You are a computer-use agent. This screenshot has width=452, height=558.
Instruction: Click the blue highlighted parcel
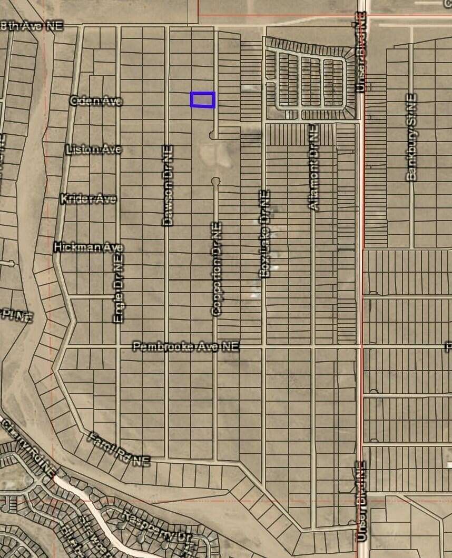tap(203, 99)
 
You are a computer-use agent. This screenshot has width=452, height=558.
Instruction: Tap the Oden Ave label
tap(96, 100)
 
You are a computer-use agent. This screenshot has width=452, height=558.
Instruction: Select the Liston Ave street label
tap(94, 150)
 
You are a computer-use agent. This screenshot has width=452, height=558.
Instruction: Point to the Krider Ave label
tap(88, 199)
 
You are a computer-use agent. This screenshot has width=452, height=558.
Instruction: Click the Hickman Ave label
tap(89, 247)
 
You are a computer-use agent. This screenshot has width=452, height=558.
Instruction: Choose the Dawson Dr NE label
tap(168, 185)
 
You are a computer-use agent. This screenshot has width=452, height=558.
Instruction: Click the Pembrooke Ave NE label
tap(185, 346)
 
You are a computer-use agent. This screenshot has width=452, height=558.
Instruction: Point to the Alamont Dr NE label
tap(313, 167)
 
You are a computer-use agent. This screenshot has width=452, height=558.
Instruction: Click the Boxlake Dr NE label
tap(264, 233)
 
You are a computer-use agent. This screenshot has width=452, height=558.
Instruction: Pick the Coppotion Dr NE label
tap(216, 268)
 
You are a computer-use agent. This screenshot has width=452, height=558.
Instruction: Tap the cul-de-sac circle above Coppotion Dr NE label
tap(215, 181)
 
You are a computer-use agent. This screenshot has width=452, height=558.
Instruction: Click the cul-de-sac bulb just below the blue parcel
tap(213, 136)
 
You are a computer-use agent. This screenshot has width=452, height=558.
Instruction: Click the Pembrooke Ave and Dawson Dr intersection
tap(167, 347)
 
